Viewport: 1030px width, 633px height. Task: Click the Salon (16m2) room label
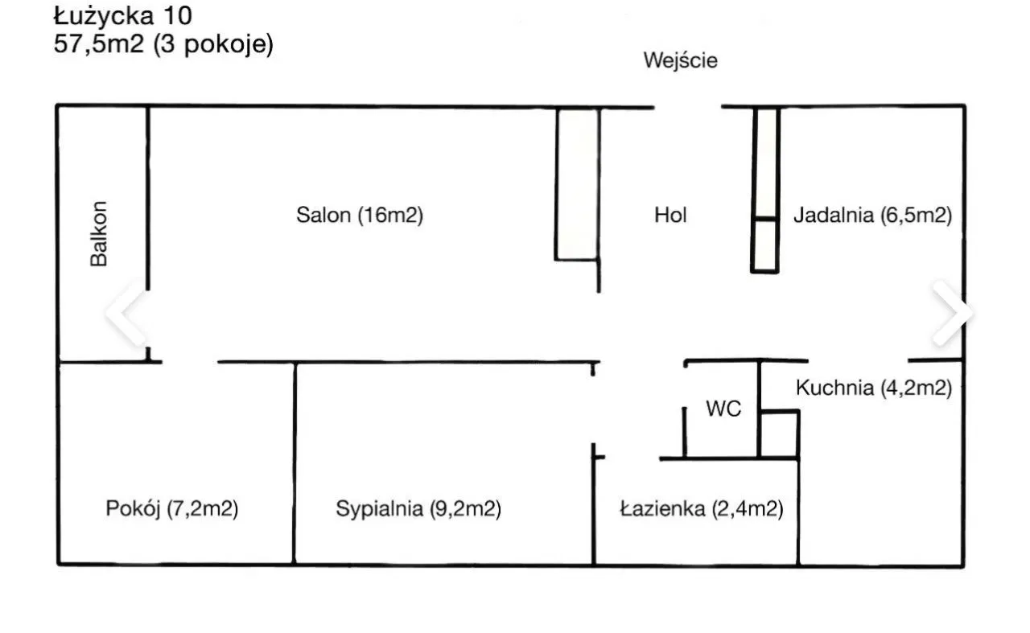click(x=359, y=215)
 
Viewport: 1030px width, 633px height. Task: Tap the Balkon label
click(x=99, y=233)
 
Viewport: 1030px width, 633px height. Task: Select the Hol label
click(x=670, y=215)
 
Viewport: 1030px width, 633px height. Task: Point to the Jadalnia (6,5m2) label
click(x=873, y=215)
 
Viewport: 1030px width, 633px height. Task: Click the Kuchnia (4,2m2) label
click(x=874, y=388)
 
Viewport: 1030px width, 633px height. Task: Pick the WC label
click(x=723, y=409)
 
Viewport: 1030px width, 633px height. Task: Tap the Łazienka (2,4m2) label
click(x=701, y=508)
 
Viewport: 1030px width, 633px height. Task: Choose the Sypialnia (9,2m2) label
click(x=418, y=508)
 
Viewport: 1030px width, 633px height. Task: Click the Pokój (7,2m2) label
click(x=171, y=508)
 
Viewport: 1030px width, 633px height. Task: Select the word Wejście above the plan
click(x=680, y=60)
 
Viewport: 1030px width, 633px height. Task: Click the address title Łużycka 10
click(x=122, y=15)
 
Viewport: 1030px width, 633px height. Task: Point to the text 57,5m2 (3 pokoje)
click(x=163, y=43)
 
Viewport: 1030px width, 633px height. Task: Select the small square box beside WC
click(x=779, y=434)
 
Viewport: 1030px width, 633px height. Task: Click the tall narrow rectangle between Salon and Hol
click(x=577, y=183)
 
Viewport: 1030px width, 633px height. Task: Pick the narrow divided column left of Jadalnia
click(x=766, y=189)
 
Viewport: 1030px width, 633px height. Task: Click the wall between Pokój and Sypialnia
click(x=294, y=462)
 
